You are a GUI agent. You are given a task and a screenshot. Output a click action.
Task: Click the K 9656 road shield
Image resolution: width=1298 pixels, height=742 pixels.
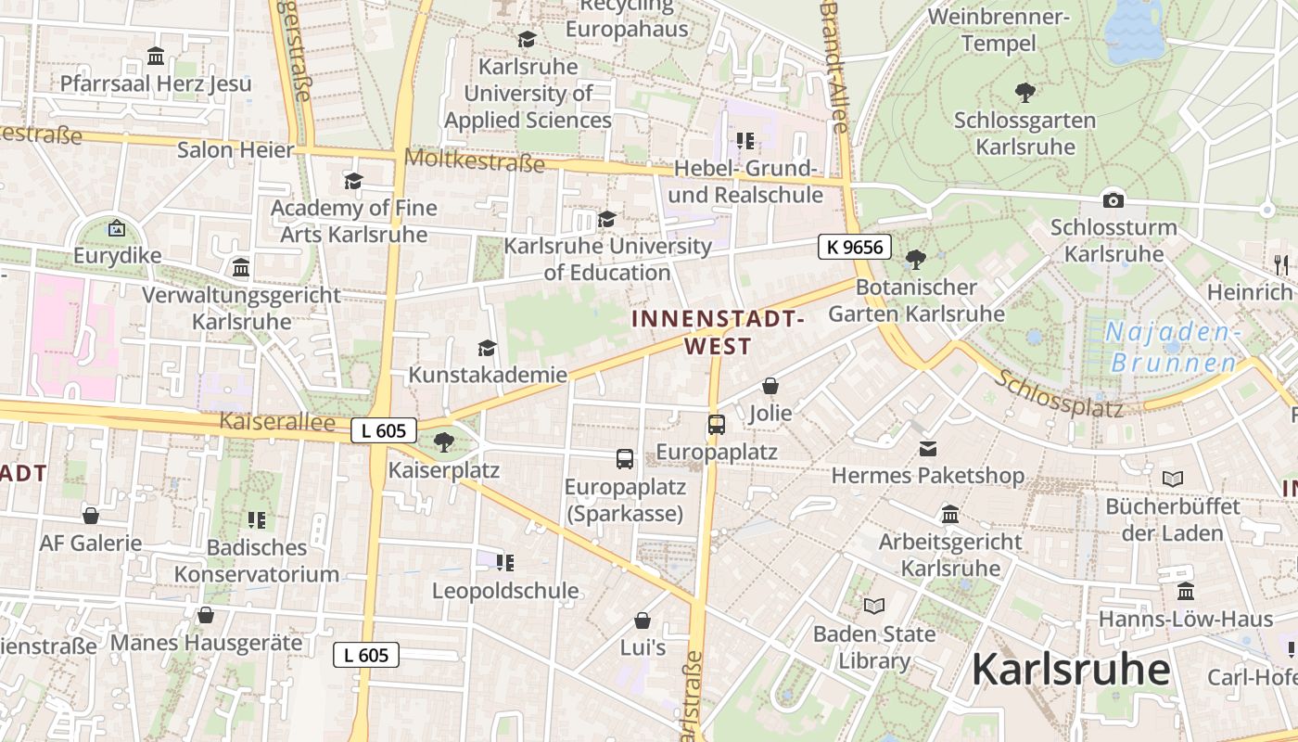point(855,247)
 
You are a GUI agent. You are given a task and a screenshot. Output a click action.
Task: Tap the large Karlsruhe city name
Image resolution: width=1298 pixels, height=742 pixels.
point(1071,669)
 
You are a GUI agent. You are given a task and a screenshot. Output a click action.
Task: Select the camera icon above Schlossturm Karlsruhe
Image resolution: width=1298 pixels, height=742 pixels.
point(1113,200)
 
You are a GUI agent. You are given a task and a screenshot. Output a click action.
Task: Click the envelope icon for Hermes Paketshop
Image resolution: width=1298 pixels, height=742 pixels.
point(927,449)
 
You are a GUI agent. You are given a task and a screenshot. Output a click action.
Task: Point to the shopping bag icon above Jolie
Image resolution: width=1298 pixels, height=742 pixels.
point(770,386)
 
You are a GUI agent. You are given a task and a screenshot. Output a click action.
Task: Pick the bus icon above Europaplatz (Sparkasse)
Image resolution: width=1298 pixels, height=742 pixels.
point(625,458)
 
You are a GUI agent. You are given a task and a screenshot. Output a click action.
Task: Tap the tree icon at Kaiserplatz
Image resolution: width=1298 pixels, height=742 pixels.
point(444,441)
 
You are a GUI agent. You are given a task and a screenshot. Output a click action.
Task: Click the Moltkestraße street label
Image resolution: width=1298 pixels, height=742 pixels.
point(474,160)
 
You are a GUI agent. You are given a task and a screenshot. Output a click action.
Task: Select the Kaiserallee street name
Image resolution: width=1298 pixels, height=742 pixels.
point(276,422)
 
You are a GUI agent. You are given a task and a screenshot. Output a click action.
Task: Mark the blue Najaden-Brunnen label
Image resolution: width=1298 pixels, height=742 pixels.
point(1173,347)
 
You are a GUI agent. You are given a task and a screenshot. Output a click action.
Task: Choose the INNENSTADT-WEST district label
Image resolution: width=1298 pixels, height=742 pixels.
point(718,332)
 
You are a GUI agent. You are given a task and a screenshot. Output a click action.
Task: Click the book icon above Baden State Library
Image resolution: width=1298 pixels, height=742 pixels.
point(873,607)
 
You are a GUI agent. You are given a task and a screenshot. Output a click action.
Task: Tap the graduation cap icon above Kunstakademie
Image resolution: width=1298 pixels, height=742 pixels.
point(487,348)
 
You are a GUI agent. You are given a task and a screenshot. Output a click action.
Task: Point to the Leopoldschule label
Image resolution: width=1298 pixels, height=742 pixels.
point(505,590)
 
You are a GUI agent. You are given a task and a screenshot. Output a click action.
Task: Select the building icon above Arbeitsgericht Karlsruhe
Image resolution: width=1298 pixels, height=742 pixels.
point(950,514)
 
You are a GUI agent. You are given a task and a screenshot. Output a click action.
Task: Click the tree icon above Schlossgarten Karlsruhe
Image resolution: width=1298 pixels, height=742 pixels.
point(1024,93)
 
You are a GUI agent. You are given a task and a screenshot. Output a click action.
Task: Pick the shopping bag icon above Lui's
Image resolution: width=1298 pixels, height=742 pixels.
point(643,620)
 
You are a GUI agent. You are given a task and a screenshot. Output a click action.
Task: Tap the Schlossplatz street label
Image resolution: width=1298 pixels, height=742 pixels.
point(1060,393)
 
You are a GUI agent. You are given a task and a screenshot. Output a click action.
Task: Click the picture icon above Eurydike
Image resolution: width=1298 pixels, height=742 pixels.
point(117,227)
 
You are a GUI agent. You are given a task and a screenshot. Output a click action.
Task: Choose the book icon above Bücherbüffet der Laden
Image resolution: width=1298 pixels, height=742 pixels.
point(1173,479)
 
